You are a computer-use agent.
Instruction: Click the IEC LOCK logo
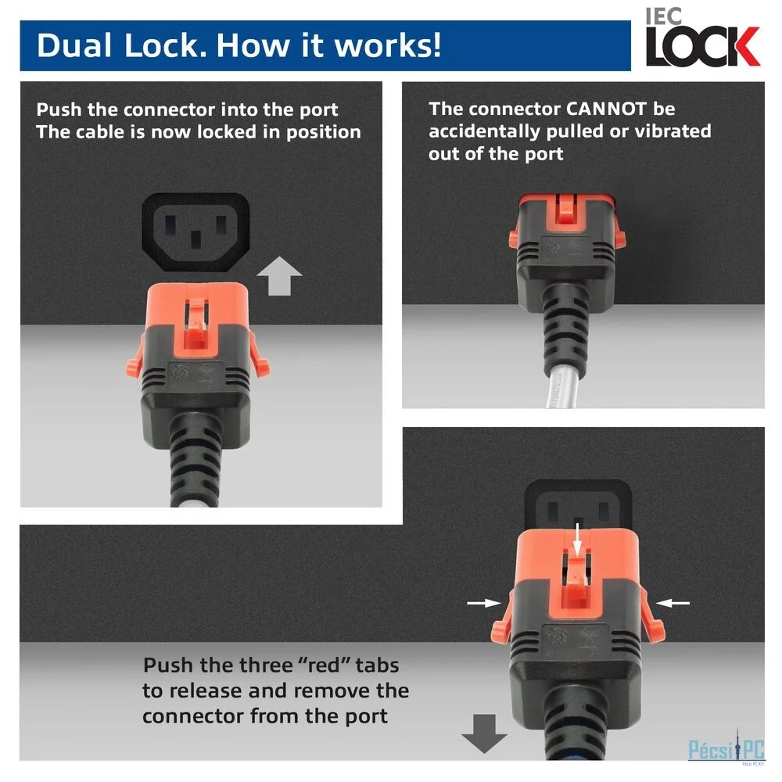pos(702,38)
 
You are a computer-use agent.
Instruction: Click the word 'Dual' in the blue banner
pos(74,45)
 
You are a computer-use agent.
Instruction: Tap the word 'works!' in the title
pos(388,45)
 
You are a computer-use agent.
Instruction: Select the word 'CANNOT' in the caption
pos(606,109)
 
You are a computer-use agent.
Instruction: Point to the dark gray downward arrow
pos(484,734)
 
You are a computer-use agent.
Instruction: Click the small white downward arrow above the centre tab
pos(578,539)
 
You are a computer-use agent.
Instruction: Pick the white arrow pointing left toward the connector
pos(673,603)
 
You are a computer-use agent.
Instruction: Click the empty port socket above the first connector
pos(196,232)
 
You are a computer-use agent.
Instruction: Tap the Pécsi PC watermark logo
pos(726,748)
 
